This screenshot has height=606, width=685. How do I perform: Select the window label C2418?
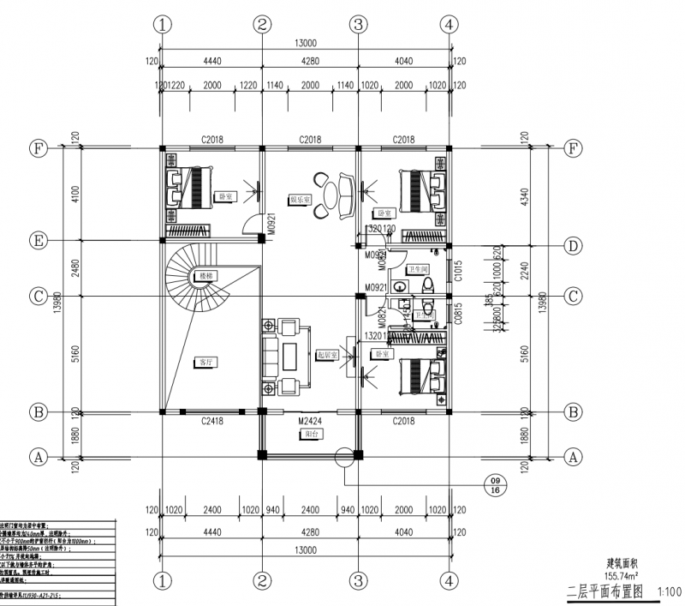[x=212, y=421]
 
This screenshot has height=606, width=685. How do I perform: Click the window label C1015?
[x=460, y=273]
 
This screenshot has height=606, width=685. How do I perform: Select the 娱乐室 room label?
[x=301, y=199]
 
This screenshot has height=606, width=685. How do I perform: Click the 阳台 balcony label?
[x=310, y=435]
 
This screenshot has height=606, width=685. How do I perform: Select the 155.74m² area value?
[x=624, y=576]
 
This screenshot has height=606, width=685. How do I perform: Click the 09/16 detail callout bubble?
[x=494, y=485]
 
